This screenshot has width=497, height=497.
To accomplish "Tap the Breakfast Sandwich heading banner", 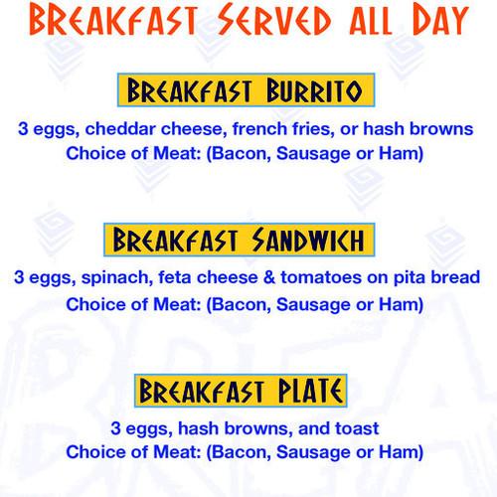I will coord(248,241).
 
